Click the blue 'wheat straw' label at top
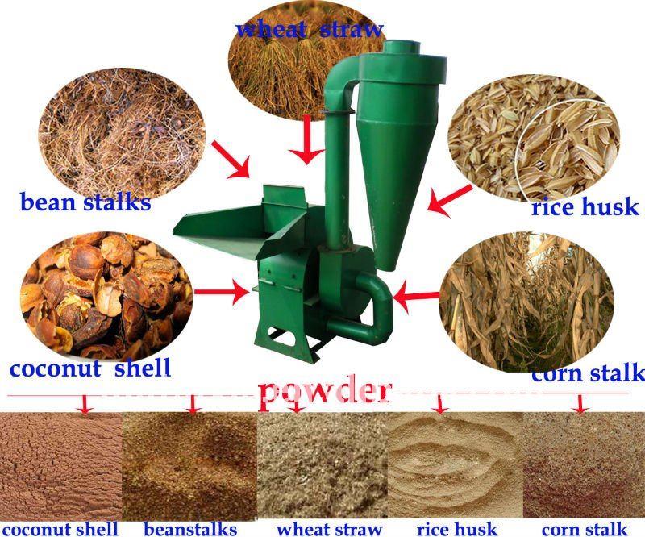[309, 30]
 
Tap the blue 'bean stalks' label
[85, 202]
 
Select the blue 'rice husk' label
[585, 207]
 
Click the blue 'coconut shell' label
[90, 368]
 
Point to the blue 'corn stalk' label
[588, 373]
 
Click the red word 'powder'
[325, 391]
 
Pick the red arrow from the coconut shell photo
[223, 291]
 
